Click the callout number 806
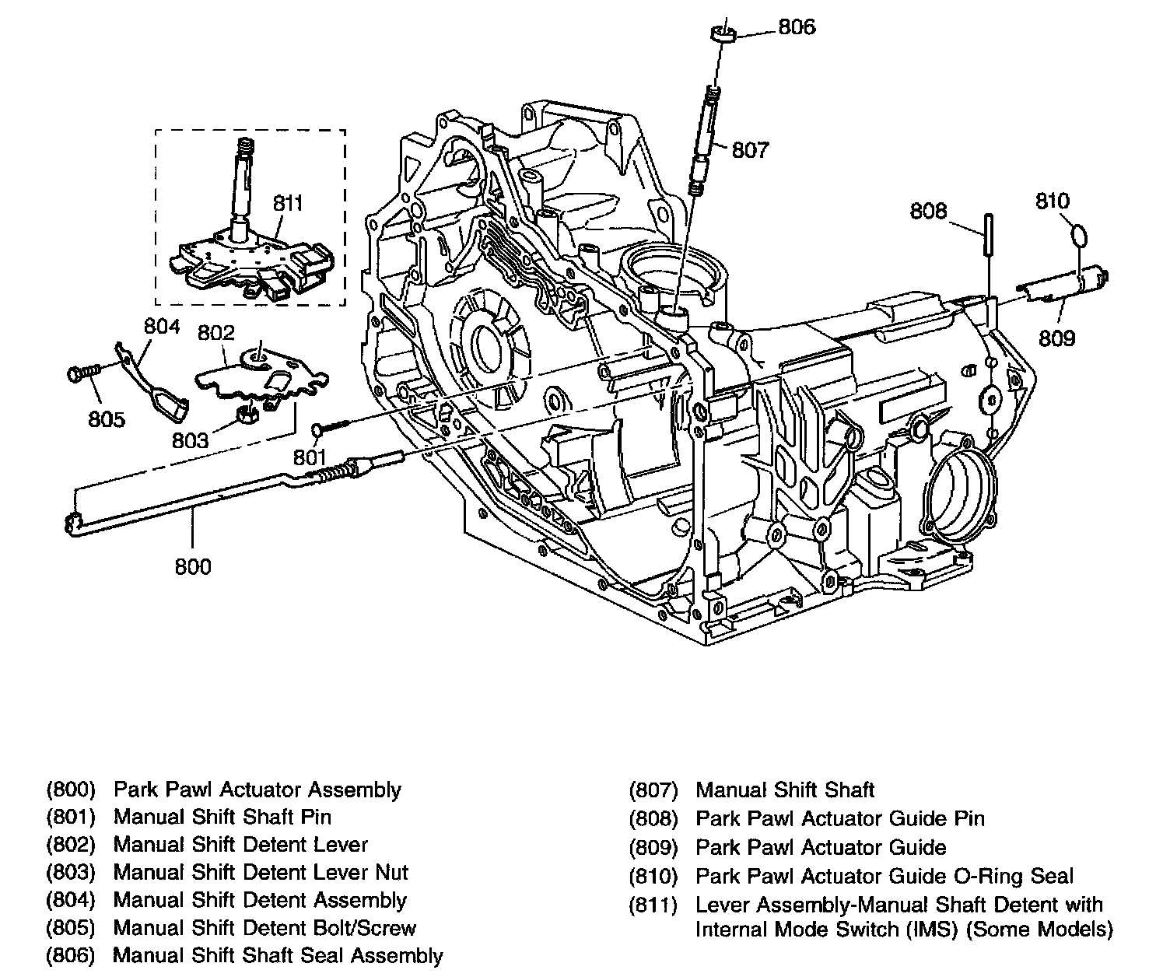coord(797,27)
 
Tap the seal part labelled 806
coord(723,34)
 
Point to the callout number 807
coord(750,149)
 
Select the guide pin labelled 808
coord(989,233)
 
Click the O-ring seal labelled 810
coord(1079,236)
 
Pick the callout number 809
coord(1056,338)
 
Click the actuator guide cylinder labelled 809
coord(1062,286)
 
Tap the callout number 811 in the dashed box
coord(288,203)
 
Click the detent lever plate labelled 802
coord(261,375)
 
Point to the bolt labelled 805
coord(84,373)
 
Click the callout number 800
coord(193,567)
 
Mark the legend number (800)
coord(71,790)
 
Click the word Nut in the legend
coord(391,872)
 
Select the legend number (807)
coord(653,790)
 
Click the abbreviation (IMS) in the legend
coord(932,930)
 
